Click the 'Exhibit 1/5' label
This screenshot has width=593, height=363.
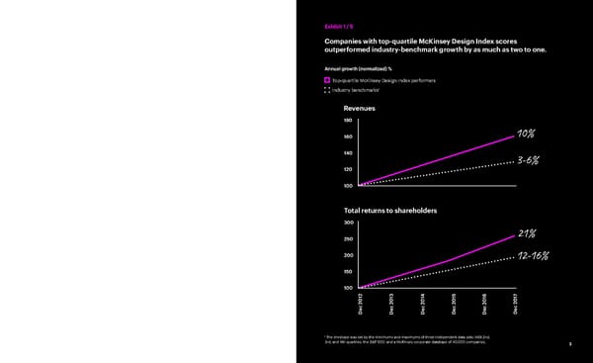[339, 26]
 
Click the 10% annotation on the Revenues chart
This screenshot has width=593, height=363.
[527, 135]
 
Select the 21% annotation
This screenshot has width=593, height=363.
[527, 233]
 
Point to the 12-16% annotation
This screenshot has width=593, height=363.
[532, 256]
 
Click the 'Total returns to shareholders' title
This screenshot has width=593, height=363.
[390, 211]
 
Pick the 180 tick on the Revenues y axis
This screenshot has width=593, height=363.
[348, 122]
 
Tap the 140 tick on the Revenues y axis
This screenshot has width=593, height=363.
[348, 152]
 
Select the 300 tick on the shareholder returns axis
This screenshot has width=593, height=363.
[348, 223]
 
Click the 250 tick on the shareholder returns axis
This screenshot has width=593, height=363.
[348, 238]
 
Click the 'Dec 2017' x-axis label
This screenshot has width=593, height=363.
[515, 306]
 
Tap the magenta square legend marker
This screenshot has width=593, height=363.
[327, 79]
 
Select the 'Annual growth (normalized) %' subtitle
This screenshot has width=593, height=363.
[361, 67]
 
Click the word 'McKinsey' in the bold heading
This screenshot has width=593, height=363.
[443, 41]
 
